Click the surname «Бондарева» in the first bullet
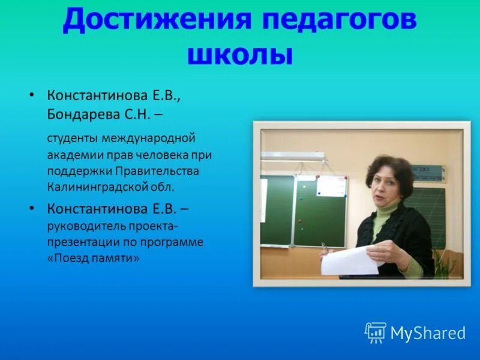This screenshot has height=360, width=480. click(77, 113)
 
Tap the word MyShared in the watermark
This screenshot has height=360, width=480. click(428, 333)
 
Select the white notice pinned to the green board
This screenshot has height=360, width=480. click(331, 194)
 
